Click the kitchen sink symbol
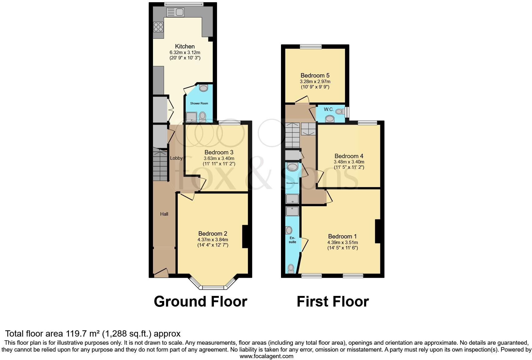pos(175,12)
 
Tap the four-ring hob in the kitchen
pos(158,27)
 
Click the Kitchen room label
pos(185,46)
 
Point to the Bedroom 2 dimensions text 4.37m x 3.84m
pos(213,240)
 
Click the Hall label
pos(164,214)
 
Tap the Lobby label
pos(176,158)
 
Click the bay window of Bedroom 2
pos(213,287)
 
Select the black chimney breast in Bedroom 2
pos(245,237)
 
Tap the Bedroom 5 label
pos(315,75)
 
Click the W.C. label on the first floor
pos(329,109)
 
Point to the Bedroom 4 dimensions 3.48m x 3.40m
pos(349,162)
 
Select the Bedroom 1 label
pos(342,237)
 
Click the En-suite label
pos(292,240)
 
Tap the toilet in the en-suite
pos(291,268)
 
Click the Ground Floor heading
pos(200,302)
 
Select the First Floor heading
pos(332,302)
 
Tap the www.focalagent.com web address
pos(266,356)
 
